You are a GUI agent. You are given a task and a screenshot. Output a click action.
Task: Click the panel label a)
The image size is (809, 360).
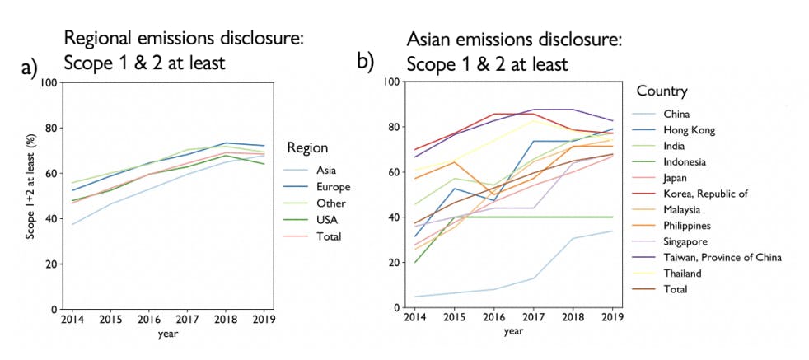(30, 68)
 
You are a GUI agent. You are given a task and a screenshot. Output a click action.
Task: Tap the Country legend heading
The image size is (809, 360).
(662, 91)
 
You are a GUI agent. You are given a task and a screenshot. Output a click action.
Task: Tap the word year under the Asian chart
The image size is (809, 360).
(512, 331)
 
